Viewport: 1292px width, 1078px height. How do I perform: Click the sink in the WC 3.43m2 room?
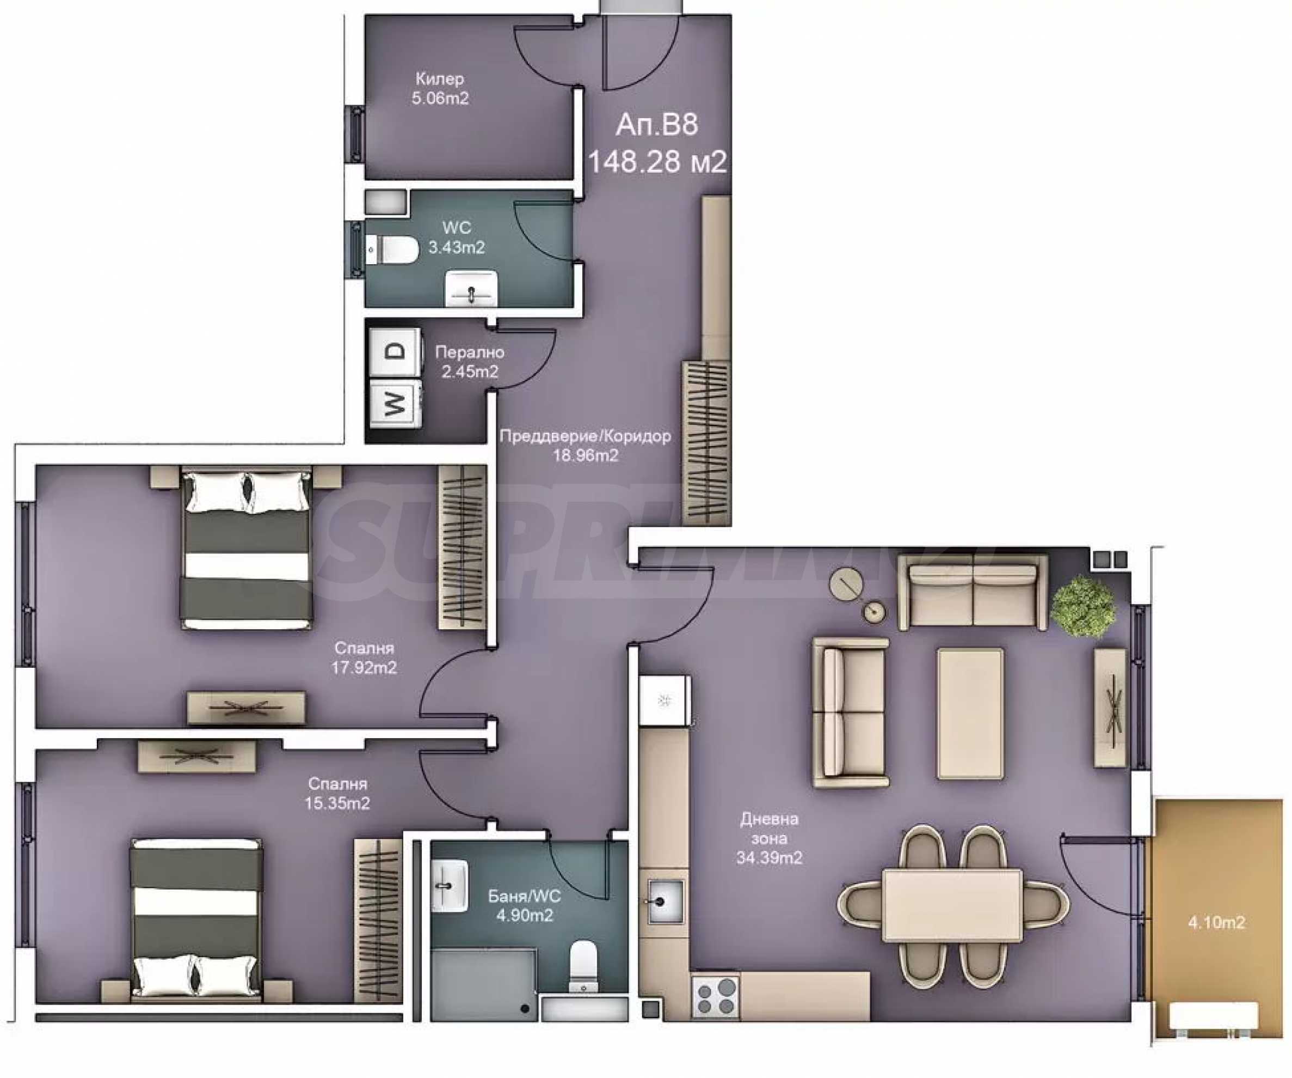point(471,288)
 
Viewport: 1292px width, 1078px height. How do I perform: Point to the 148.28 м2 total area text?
point(657,161)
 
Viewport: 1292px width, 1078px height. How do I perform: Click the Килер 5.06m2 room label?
point(440,88)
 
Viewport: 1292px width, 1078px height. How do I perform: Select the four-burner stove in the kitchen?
point(716,996)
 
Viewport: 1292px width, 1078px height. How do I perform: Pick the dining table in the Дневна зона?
point(952,904)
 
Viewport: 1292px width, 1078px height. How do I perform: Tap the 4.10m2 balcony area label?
point(1216,922)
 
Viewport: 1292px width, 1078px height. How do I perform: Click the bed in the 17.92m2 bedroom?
point(246,550)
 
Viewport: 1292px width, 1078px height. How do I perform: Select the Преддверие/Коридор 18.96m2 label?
point(585,446)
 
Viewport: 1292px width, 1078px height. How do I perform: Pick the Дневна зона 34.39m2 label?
point(769,838)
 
